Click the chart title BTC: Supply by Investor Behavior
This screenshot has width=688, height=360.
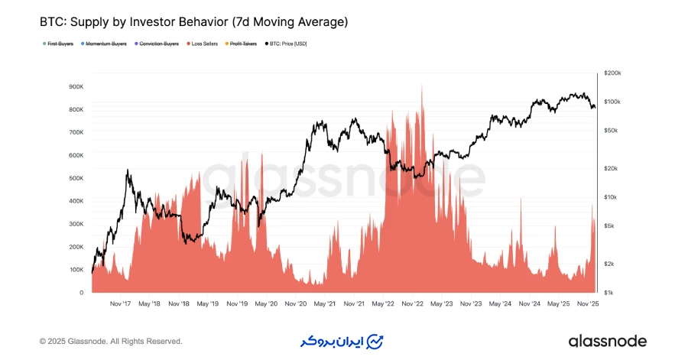tap(193, 22)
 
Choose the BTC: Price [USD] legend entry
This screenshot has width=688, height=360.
tap(287, 44)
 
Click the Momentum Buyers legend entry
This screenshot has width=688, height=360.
tap(105, 44)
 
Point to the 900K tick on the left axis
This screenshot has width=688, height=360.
tap(76, 86)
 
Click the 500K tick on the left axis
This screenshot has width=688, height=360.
tap(76, 178)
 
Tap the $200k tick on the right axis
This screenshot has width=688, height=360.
tap(612, 73)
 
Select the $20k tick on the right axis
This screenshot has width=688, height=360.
tap(611, 168)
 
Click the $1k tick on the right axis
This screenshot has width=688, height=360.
tap(609, 293)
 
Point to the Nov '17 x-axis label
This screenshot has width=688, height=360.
tap(120, 303)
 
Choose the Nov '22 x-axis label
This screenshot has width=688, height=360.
tap(413, 303)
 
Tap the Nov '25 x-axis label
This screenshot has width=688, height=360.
tap(587, 303)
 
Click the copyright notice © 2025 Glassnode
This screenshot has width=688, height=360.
tap(111, 341)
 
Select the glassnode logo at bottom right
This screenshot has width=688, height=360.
tap(608, 341)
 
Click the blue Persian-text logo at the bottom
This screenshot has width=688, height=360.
tap(342, 341)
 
